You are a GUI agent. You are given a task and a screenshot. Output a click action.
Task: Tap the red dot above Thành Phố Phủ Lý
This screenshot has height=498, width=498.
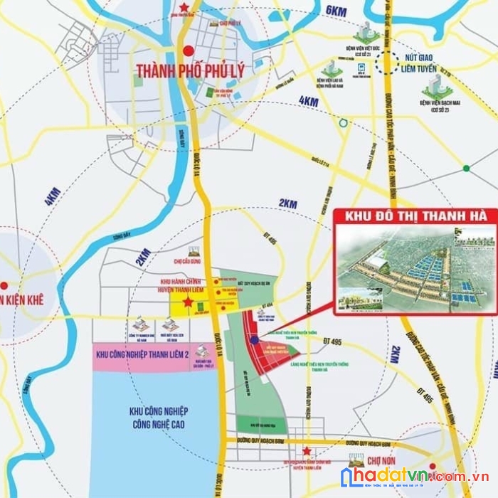(x=188, y=51)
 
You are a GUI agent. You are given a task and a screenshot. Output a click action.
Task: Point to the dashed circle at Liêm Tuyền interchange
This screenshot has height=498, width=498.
(x=389, y=63)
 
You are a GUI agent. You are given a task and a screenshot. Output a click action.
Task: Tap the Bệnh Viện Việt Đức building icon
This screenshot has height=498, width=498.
(x=366, y=31)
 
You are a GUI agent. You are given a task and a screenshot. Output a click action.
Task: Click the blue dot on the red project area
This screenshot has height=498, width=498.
(x=254, y=339)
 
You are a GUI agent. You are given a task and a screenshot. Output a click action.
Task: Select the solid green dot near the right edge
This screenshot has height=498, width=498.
(x=466, y=169)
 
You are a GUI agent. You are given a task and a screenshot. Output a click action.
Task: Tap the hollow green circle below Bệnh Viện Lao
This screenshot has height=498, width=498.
(x=344, y=123)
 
